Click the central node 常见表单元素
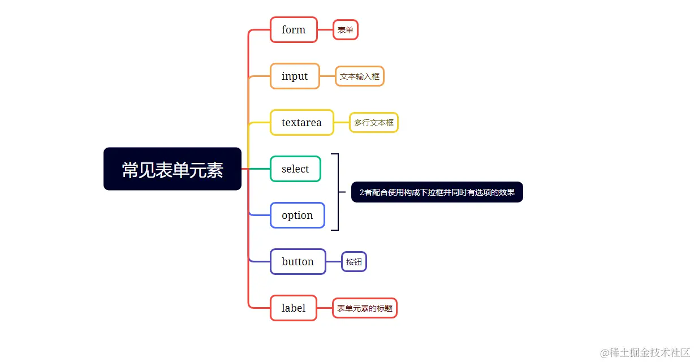tap(173, 169)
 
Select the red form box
tap(294, 29)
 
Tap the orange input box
tap(295, 76)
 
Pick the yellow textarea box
tap(301, 122)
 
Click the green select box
tap(295, 169)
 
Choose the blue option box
tap(297, 215)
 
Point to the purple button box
tap(298, 261)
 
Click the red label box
tap(293, 308)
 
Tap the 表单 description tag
tap(345, 30)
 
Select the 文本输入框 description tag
tap(360, 76)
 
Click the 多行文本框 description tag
tap(374, 122)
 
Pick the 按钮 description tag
tap(354, 262)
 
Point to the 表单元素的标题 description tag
tap(364, 308)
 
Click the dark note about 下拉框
tap(437, 192)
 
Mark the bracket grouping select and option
tap(338, 192)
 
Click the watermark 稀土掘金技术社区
tap(645, 352)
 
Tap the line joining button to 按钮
tap(334, 262)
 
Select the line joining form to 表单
tap(325, 29)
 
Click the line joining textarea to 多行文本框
tap(342, 122)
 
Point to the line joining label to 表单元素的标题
tap(325, 308)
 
